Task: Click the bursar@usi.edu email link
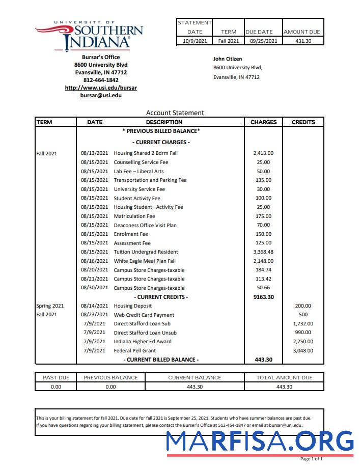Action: [x=101, y=95]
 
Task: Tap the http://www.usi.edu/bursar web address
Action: [x=101, y=88]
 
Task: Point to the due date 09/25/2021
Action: [x=263, y=41]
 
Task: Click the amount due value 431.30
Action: [x=303, y=41]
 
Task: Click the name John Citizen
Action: [x=228, y=59]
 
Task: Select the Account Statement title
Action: [x=175, y=113]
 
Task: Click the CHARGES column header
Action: [x=263, y=122]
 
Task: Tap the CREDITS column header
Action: [x=303, y=122]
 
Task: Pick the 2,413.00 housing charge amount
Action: [x=263, y=153]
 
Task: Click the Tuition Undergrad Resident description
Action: [x=146, y=252]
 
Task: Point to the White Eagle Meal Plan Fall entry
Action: [x=145, y=261]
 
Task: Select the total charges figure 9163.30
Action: [x=263, y=297]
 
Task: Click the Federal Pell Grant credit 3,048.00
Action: [x=303, y=350]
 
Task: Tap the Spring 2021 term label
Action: [x=50, y=306]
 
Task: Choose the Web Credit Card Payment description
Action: [x=144, y=315]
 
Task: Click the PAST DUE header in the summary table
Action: [x=56, y=377]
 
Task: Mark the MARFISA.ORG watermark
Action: [x=260, y=441]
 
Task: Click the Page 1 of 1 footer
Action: [x=311, y=459]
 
